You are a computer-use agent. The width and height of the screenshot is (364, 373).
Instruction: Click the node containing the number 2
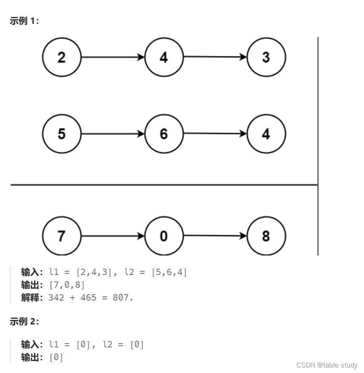pos(62,57)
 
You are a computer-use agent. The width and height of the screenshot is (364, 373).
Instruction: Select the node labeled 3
pos(266,57)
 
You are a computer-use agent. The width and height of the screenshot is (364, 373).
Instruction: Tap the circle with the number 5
pos(62,134)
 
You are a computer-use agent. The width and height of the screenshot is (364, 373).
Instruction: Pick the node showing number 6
pos(164,134)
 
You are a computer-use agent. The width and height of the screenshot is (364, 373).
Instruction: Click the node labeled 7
pos(62,236)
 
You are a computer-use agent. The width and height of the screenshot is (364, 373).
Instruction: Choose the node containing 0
pos(164,236)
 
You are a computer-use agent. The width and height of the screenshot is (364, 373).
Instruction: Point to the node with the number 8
pos(266,236)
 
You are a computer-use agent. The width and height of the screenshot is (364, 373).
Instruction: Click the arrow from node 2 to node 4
pos(113,57)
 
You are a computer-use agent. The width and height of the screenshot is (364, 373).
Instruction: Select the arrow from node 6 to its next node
pos(215,134)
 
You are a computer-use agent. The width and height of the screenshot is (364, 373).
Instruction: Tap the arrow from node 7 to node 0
pos(113,236)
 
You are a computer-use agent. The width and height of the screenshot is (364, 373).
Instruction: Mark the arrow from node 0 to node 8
pos(215,235)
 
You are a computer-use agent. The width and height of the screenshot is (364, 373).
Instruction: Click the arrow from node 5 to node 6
pos(113,134)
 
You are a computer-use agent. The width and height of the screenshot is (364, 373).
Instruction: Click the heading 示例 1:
pos(24,22)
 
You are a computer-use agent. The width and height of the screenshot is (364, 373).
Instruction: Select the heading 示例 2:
pos(24,322)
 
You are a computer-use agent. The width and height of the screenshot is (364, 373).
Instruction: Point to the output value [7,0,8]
pos(67,284)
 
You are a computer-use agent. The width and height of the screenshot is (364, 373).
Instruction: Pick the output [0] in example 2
pos(56,357)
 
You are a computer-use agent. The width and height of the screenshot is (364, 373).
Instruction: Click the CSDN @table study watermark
pos(327,365)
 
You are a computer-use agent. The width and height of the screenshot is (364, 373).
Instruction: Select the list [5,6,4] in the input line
pos(169,272)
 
